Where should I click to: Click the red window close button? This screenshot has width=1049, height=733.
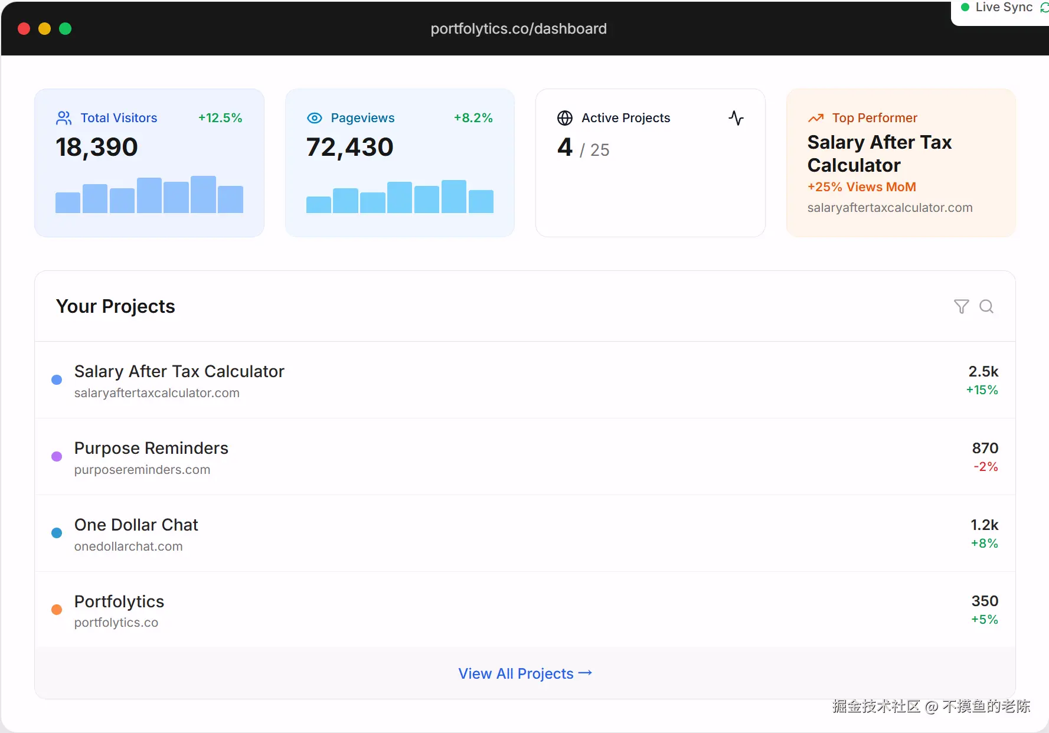point(24,29)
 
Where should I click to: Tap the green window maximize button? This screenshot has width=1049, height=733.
point(66,29)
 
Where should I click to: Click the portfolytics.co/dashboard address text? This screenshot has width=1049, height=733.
point(518,29)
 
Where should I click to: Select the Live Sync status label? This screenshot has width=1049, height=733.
point(1004,8)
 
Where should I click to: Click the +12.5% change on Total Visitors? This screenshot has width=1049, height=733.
point(220,118)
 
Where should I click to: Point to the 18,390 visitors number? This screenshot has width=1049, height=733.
point(97,147)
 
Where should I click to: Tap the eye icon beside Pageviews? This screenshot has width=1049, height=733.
point(315,118)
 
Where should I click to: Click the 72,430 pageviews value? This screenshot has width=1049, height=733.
point(349,147)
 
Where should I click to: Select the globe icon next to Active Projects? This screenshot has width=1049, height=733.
point(565,118)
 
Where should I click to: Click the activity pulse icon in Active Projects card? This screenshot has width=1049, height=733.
point(736,118)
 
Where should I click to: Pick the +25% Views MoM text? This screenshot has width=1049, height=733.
point(861,187)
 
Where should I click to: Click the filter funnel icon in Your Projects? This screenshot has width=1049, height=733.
point(961,306)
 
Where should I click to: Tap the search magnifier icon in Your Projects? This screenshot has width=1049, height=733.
point(986,306)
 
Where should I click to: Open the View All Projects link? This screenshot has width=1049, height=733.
point(525,673)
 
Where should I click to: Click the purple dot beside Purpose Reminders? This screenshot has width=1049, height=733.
point(57,456)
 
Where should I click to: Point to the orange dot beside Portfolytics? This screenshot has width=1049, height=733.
point(57,610)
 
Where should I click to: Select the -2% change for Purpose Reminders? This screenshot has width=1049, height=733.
point(985,467)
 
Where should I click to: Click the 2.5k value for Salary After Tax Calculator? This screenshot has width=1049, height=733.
point(983,371)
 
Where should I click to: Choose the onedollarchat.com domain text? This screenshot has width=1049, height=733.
point(128,547)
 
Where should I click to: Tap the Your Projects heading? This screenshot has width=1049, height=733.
point(116,306)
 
